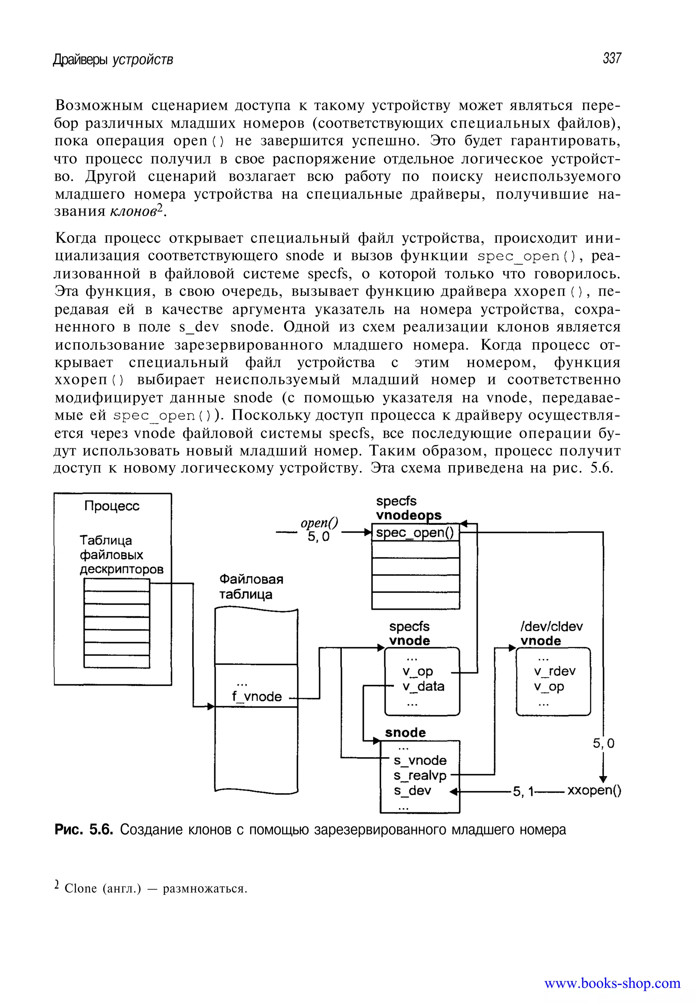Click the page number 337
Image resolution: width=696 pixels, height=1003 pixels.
tap(611, 58)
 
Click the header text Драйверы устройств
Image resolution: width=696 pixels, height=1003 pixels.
tap(113, 59)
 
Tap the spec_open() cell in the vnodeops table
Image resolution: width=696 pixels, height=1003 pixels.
tap(415, 532)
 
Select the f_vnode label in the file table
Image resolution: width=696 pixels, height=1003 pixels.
tap(257, 696)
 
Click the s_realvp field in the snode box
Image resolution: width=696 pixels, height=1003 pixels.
tap(419, 775)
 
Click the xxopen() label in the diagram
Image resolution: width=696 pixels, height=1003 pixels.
tap(594, 791)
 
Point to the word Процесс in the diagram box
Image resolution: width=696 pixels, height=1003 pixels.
tap(112, 506)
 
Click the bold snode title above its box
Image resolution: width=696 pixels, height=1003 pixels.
tap(405, 732)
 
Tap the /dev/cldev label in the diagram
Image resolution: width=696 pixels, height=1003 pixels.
tap(551, 626)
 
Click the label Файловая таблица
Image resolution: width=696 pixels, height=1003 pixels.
tap(251, 586)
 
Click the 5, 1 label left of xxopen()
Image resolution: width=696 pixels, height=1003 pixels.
tap(523, 791)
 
